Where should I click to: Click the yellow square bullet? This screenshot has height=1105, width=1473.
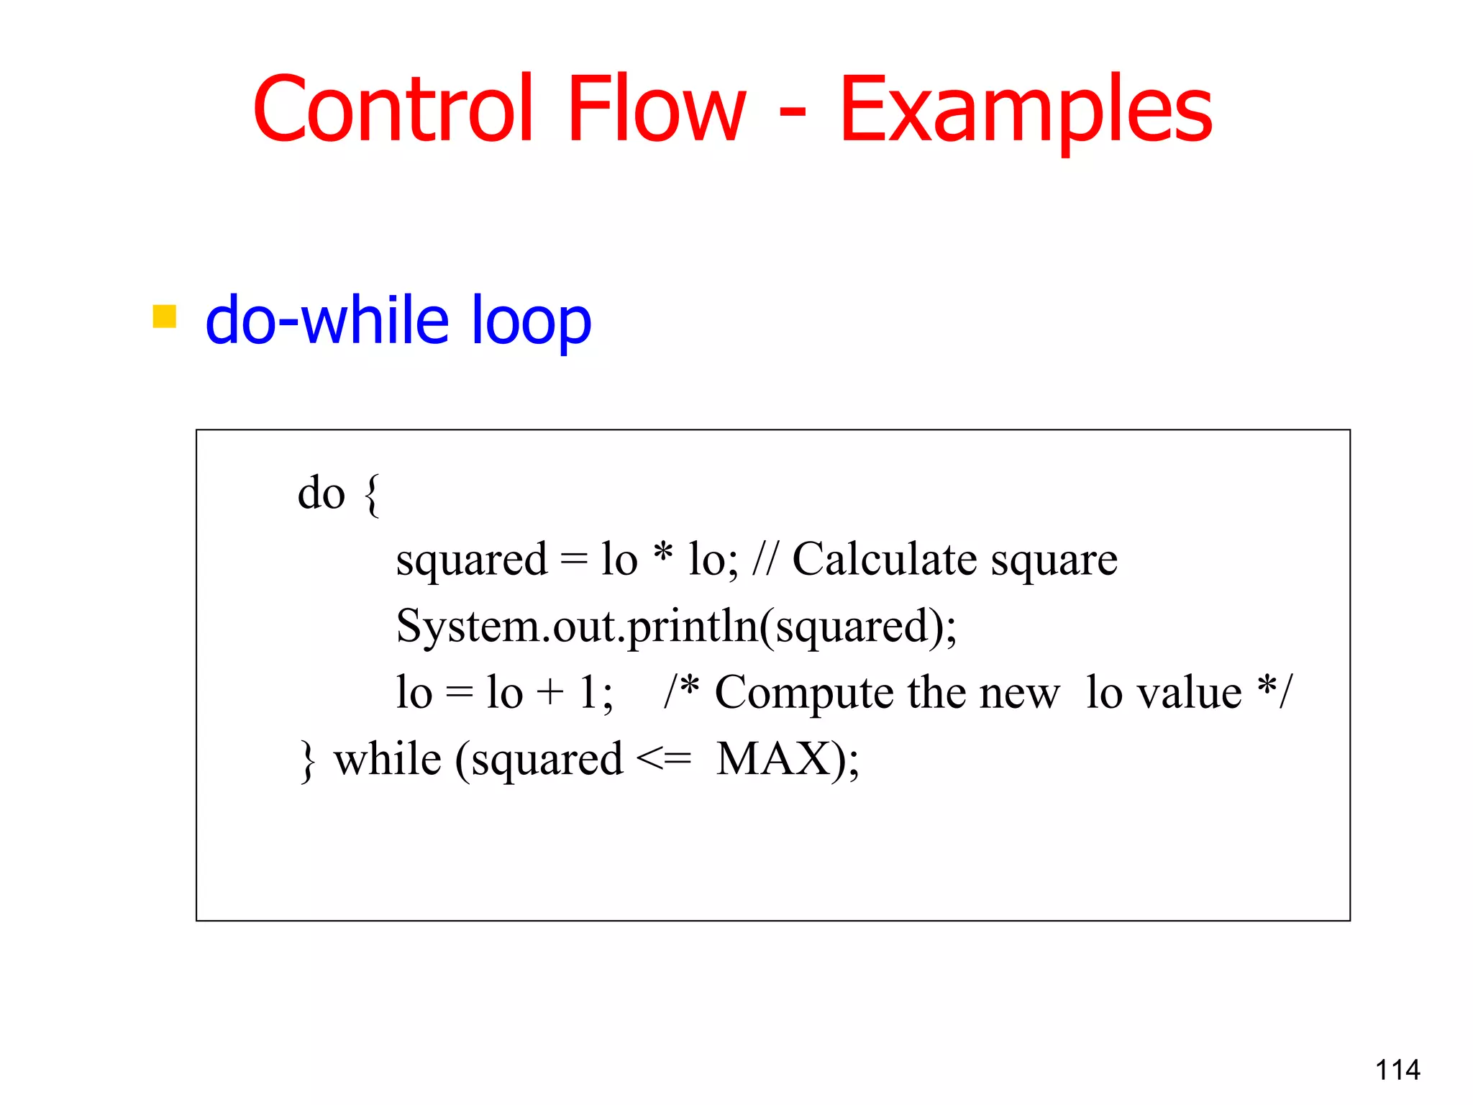tap(165, 317)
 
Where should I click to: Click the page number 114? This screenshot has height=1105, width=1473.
tap(1397, 1070)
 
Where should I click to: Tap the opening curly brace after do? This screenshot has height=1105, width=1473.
tap(372, 495)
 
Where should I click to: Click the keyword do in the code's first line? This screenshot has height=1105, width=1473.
tap(321, 494)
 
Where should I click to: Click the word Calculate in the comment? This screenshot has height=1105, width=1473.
tap(884, 559)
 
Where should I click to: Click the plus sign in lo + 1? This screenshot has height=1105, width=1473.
tap(550, 693)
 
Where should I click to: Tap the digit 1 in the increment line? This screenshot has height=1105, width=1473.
tap(588, 692)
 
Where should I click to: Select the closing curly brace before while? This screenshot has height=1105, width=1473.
tap(308, 761)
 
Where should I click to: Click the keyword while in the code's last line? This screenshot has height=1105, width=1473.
tap(388, 759)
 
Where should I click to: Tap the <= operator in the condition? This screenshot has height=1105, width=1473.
tap(664, 759)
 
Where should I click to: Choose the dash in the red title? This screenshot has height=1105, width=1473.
tap(793, 113)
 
